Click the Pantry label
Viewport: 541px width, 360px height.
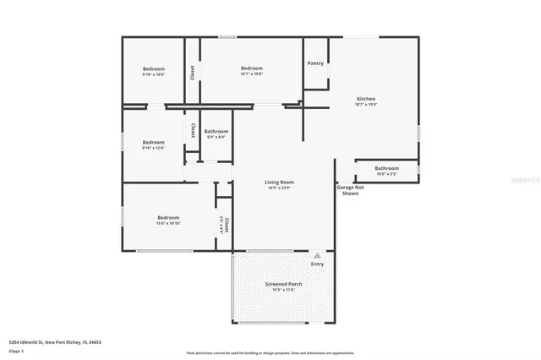315,63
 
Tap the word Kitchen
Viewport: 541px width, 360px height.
365,99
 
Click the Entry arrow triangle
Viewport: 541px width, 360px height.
317,255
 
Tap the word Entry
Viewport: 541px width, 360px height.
317,264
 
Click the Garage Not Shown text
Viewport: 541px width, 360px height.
351,190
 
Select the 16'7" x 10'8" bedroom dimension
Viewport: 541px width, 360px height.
252,74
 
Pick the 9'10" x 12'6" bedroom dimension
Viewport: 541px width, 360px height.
153,148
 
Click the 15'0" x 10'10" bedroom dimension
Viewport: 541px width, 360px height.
167,223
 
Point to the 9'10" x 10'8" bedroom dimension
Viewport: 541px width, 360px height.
153,74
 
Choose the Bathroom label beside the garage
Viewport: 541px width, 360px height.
387,168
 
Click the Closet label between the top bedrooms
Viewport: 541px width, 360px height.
193,73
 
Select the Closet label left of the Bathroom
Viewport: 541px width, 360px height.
193,131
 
